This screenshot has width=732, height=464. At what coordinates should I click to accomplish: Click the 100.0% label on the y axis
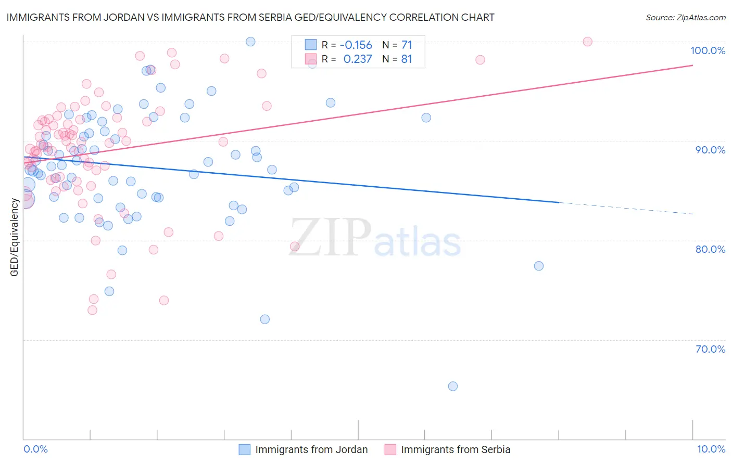(708, 50)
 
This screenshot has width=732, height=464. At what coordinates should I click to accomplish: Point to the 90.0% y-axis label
(710, 150)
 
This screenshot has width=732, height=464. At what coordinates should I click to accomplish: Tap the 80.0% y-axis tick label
(710, 249)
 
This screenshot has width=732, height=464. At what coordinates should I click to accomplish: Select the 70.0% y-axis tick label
(710, 349)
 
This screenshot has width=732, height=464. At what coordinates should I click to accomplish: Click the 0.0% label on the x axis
(35, 449)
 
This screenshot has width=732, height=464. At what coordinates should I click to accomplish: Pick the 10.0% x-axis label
(711, 449)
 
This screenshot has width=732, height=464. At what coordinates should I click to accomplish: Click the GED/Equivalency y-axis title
(15, 237)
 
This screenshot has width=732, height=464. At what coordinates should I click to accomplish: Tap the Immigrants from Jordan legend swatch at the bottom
(244, 449)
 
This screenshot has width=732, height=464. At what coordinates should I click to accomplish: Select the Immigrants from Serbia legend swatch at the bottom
(390, 449)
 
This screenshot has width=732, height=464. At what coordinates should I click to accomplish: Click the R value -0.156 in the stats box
(356, 45)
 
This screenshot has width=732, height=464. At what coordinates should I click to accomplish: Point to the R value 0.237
(358, 59)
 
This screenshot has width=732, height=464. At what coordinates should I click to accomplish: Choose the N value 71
(406, 45)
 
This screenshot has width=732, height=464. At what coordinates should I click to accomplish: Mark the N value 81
(406, 59)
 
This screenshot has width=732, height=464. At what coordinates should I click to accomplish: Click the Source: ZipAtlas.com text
(685, 18)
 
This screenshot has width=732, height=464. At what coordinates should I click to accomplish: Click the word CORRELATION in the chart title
(423, 17)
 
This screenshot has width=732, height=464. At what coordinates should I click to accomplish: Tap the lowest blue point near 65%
(453, 386)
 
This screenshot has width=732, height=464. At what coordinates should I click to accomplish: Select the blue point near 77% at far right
(539, 266)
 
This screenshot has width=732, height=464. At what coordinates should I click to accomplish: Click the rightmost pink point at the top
(588, 42)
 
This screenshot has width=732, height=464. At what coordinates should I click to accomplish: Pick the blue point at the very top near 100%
(250, 42)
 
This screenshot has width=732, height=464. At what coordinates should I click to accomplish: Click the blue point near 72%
(265, 319)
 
